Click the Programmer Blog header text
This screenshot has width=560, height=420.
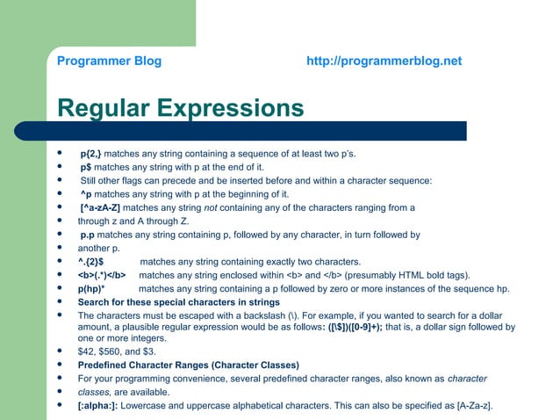pyautogui.click(x=109, y=62)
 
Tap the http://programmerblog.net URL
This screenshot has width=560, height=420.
pyautogui.click(x=384, y=62)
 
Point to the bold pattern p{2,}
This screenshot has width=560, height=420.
pyautogui.click(x=90, y=154)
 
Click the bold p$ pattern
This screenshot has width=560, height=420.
pyautogui.click(x=86, y=167)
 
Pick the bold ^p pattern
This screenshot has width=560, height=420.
pyautogui.click(x=86, y=194)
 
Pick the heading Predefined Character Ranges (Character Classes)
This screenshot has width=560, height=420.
pyautogui.click(x=188, y=365)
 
